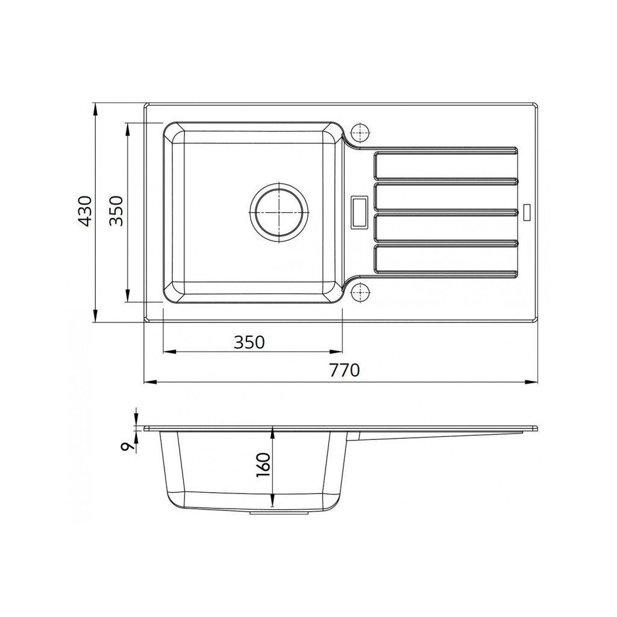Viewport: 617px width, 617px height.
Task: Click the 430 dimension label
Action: click(86, 211)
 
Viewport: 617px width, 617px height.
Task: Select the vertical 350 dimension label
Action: click(116, 211)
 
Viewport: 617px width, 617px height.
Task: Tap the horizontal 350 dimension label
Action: click(249, 342)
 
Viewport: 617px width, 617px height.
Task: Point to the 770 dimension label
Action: click(344, 370)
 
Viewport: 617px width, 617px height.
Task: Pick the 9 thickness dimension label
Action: click(126, 446)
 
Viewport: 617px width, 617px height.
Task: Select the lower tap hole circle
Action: click(360, 292)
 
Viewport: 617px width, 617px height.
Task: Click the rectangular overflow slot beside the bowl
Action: click(360, 212)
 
